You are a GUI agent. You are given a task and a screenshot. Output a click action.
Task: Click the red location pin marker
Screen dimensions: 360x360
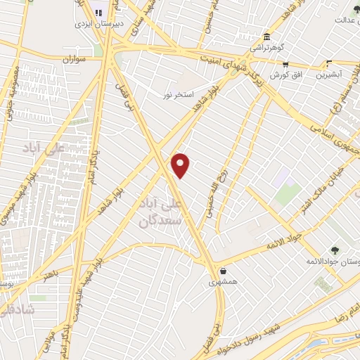[x=181, y=165]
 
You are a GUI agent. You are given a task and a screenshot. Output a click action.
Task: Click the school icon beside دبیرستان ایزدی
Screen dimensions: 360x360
[x=98, y=12]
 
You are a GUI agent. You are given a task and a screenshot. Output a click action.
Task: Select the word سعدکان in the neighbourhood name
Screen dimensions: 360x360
[x=161, y=220]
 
